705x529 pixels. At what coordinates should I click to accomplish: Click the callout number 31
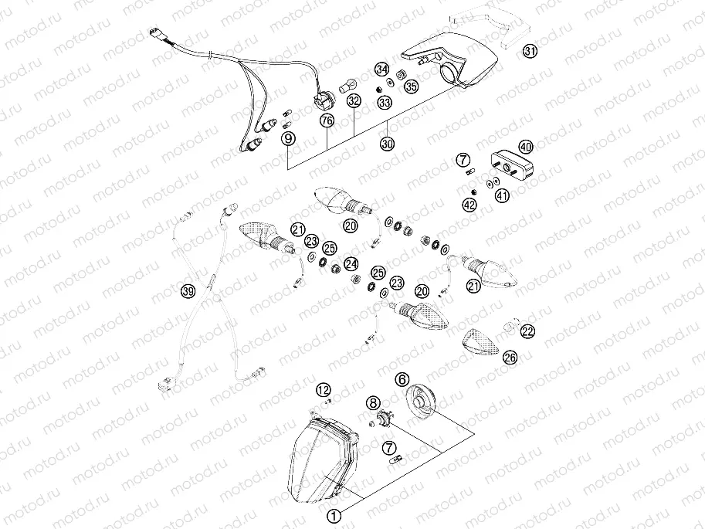point(529,52)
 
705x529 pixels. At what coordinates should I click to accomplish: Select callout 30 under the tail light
point(386,144)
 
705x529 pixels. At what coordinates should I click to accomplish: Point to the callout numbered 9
point(288,138)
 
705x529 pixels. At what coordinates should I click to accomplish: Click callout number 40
point(525,147)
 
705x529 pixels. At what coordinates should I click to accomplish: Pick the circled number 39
point(187,291)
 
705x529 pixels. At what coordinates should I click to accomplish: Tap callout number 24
point(351,263)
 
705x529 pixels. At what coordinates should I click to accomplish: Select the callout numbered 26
point(510,357)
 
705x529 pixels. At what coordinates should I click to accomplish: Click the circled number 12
point(324,389)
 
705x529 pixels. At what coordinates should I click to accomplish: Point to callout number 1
point(334,515)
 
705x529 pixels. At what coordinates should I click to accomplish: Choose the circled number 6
point(402,379)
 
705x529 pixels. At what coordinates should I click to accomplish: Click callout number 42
point(469,205)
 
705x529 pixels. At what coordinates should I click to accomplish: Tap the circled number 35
point(412,86)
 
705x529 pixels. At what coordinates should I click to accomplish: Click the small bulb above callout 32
point(348,80)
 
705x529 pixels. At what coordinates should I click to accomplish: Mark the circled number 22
point(527,331)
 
